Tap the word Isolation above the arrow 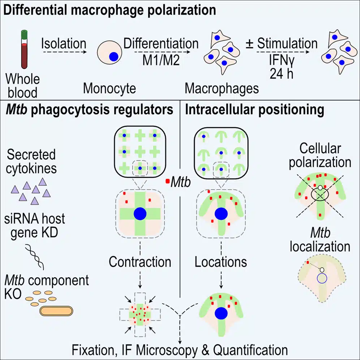point(64,43)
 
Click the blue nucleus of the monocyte point(113,56)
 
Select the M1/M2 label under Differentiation point(161,61)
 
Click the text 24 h point(282,74)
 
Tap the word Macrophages point(222,89)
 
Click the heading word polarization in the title point(181,10)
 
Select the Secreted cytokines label point(31,162)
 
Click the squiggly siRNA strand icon point(35,257)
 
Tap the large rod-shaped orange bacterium point(56,311)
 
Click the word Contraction point(140,262)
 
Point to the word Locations point(221,262)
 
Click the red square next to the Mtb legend point(168,181)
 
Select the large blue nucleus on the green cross point(140,214)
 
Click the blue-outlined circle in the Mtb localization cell point(322,279)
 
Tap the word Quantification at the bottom point(250,350)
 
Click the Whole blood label point(22,86)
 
